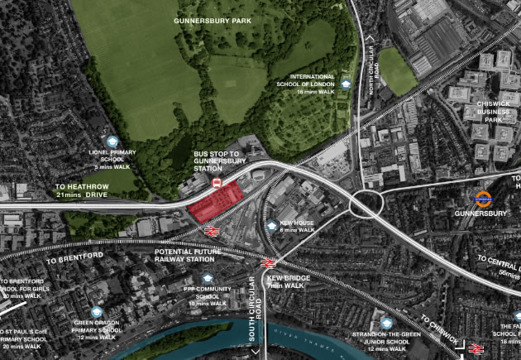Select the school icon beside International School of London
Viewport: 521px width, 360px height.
tap(345, 84)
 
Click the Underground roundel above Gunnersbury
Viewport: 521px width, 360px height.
tap(484, 199)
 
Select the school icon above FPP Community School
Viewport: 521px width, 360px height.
tap(208, 279)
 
